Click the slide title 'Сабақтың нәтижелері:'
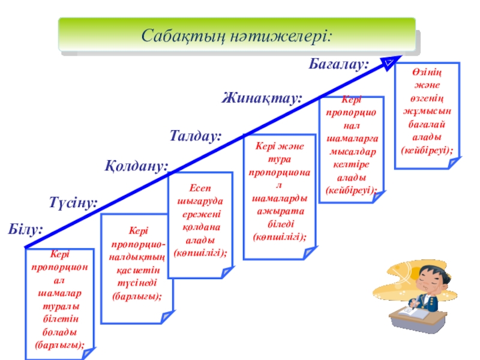tap(236, 35)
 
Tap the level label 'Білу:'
tap(26, 229)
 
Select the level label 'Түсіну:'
tap(73, 203)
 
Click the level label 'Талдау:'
tap(196, 136)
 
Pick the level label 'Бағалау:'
tap(338, 63)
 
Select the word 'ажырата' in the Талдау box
tap(280, 211)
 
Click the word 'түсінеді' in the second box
tap(137, 284)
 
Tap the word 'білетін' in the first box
tap(59, 317)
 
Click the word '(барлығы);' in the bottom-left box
tap(59, 344)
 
